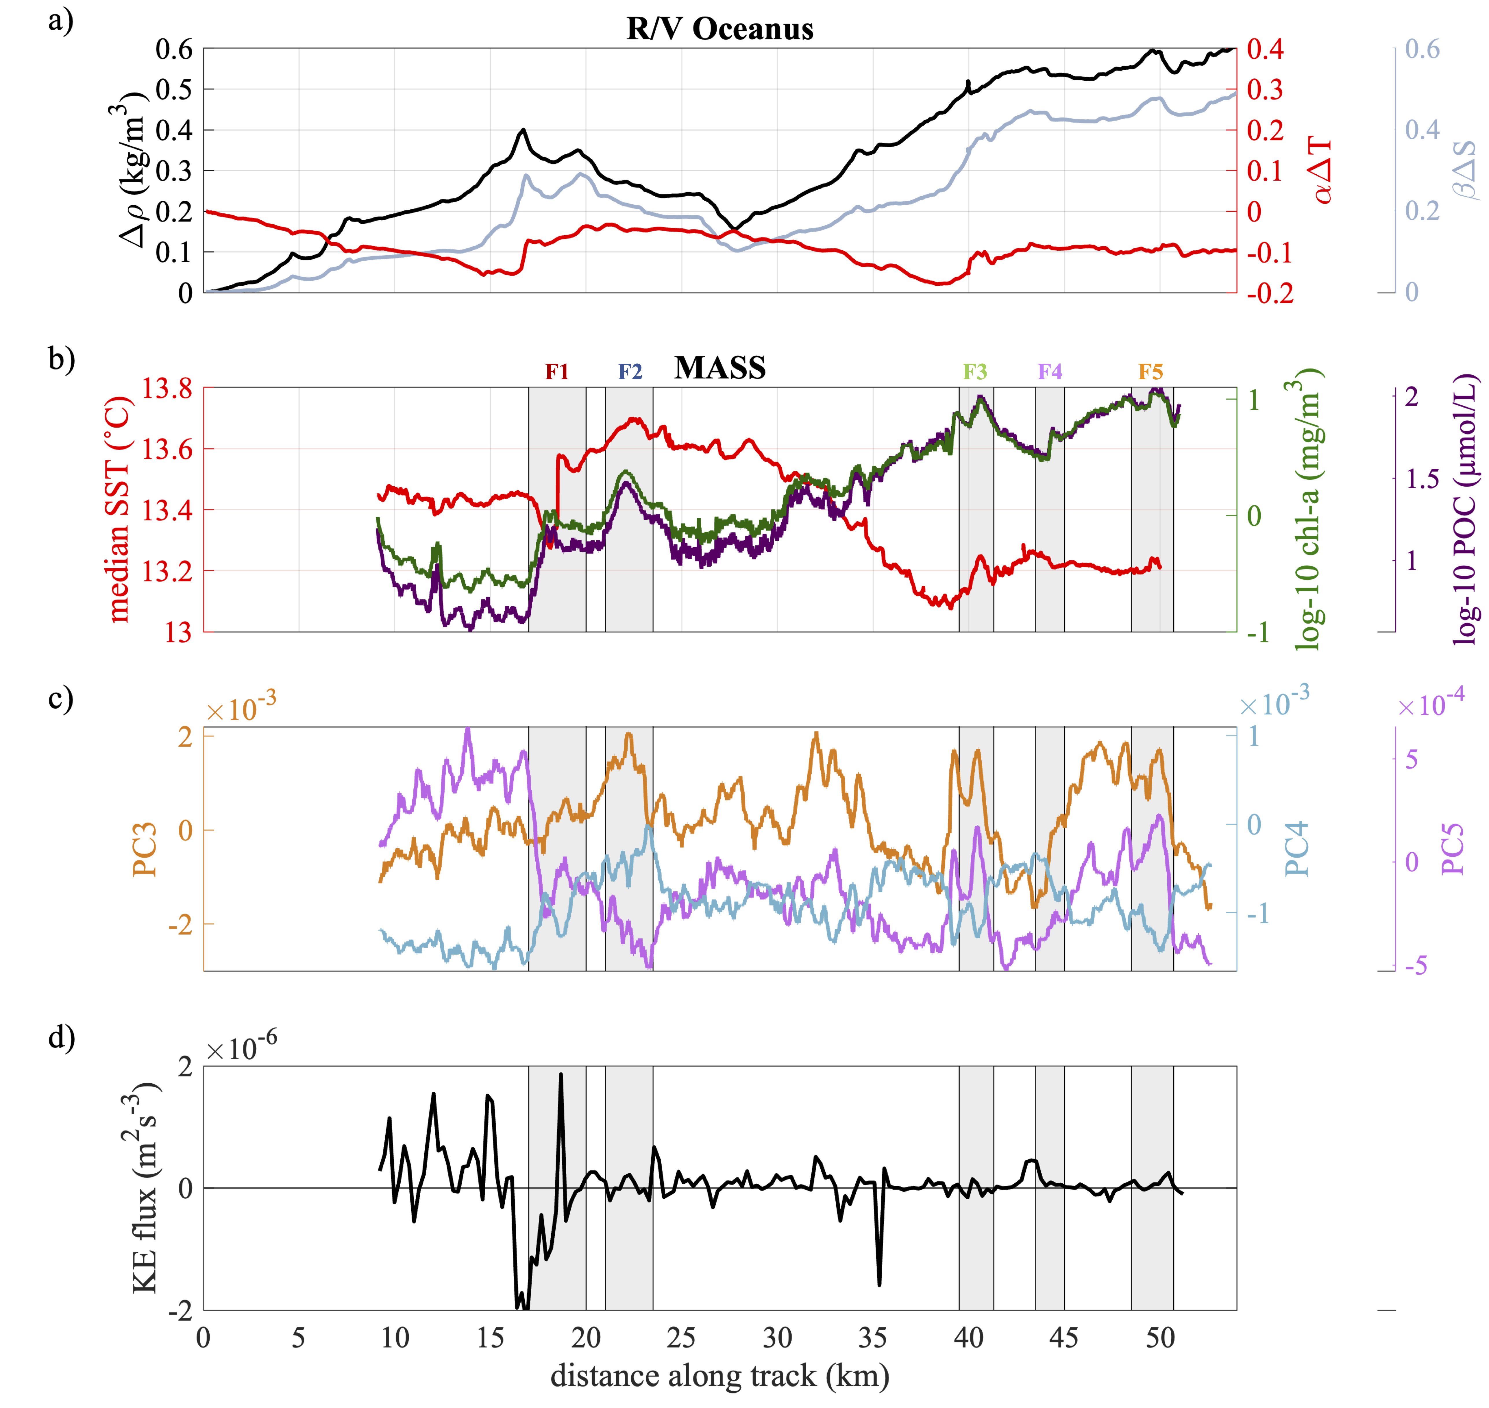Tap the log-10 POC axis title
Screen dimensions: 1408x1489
tap(1464, 510)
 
